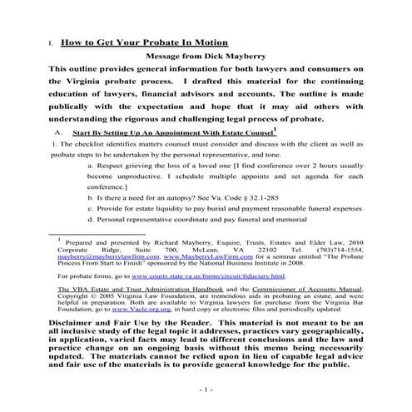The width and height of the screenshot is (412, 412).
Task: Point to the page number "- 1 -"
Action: coord(206,389)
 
